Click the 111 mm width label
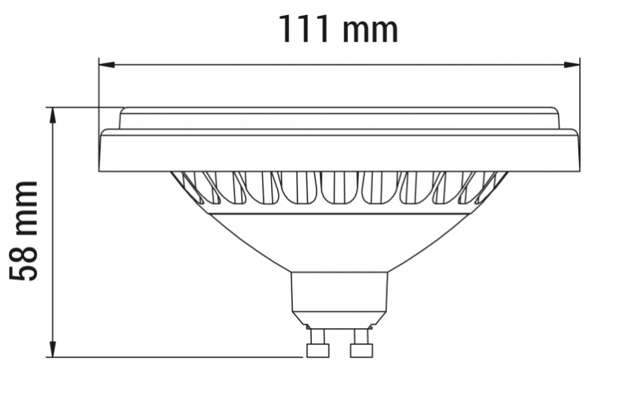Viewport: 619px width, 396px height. (339, 29)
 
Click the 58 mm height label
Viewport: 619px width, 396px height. (23, 230)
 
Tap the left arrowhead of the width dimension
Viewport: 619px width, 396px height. (107, 64)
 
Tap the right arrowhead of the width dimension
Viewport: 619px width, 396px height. (572, 64)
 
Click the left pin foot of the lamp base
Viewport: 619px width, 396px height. (318, 350)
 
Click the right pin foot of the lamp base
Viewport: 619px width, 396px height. (361, 350)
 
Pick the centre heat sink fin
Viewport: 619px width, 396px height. (340, 187)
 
